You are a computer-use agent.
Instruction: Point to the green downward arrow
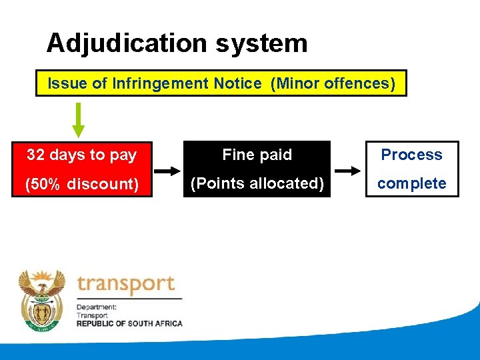point(79,119)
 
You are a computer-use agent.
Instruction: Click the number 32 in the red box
point(36,155)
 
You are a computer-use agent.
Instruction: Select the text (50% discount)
point(82,184)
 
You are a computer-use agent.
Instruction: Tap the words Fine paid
point(257,155)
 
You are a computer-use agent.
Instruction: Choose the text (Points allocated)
point(257,183)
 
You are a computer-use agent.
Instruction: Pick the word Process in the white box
point(411,155)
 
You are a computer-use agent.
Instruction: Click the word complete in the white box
point(411,183)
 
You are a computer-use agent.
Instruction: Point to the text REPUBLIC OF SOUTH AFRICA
point(129,323)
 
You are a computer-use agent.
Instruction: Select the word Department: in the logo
point(97,307)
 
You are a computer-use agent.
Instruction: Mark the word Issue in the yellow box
point(63,84)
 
